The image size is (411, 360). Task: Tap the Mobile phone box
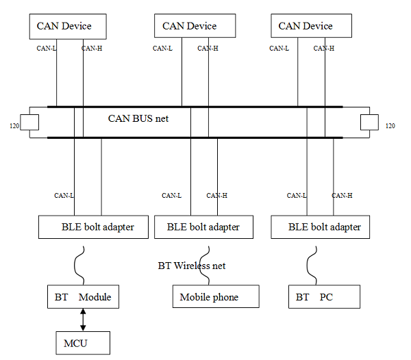click(215, 297)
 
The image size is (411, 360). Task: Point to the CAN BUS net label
click(138, 118)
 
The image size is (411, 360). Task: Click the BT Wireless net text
click(192, 266)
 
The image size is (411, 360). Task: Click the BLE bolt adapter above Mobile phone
click(203, 227)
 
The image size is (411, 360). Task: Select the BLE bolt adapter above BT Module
click(93, 227)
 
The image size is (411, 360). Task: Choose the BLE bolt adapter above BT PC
click(320, 227)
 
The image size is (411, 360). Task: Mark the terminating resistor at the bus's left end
click(30, 123)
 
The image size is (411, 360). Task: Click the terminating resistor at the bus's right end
click(369, 123)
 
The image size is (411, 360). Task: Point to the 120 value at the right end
click(390, 126)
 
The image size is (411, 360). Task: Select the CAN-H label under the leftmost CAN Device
click(92, 48)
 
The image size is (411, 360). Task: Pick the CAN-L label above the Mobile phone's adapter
click(171, 196)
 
